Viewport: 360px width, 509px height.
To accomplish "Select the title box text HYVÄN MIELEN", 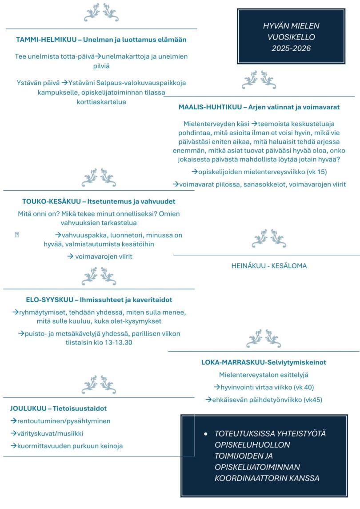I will click(291, 26).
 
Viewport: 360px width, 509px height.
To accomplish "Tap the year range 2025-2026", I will click(291, 48).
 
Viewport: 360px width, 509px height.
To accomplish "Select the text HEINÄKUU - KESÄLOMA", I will click(269, 266).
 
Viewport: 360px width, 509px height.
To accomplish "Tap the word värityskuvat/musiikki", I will click(50, 433).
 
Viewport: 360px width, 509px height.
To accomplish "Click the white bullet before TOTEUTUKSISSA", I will click(205, 433).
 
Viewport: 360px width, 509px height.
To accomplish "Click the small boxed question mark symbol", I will click(17, 235).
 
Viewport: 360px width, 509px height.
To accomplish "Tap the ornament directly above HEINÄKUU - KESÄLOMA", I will click(269, 239).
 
